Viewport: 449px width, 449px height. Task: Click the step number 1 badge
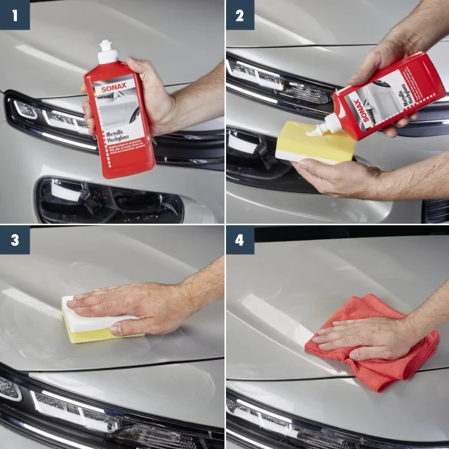[15, 15]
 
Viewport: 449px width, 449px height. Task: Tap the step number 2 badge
[240, 15]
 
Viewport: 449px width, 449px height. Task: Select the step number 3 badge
[15, 240]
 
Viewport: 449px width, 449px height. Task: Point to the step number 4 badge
[240, 240]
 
